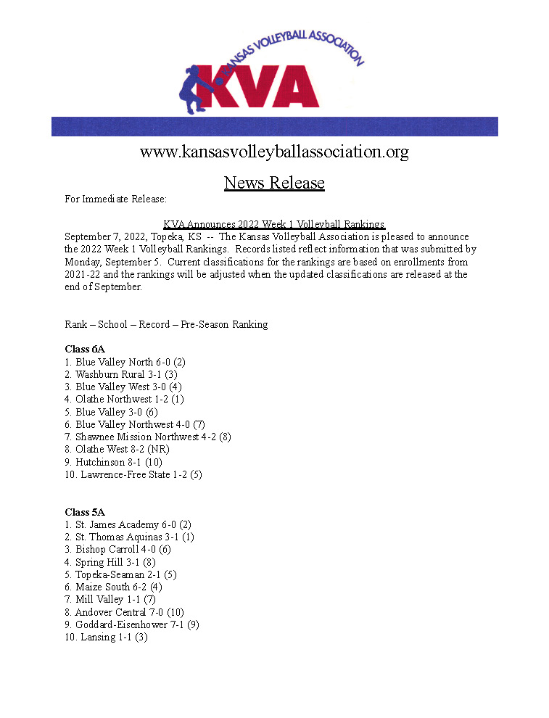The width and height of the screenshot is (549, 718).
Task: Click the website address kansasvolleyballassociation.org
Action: point(274,152)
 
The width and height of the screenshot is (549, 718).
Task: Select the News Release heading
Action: point(274,182)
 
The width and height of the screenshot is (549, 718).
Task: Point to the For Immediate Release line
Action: point(116,199)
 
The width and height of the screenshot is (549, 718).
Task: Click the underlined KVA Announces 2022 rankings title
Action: point(274,224)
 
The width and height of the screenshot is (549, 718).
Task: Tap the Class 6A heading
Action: point(85,349)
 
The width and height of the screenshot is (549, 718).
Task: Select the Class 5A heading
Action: point(85,512)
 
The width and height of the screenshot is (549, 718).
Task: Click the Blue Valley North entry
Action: point(125,362)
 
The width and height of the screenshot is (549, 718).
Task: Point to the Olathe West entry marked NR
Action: point(117,449)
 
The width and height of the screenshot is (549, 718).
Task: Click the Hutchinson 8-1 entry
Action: point(114,461)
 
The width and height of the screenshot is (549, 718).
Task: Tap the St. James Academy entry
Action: point(128,524)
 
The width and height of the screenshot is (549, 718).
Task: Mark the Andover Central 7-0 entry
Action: point(125,612)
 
